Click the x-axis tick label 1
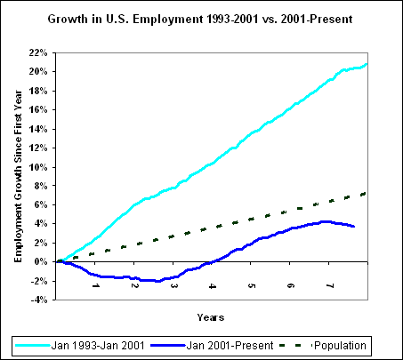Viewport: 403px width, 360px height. [x=95, y=286]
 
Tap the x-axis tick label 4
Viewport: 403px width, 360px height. [x=213, y=286]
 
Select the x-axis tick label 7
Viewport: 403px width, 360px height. [x=330, y=286]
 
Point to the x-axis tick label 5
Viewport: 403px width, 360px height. [x=252, y=286]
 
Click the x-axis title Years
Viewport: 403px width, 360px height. [x=211, y=316]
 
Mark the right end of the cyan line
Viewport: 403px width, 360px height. [x=367, y=64]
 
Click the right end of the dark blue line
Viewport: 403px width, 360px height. [x=355, y=227]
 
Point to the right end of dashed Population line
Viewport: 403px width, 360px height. [x=367, y=193]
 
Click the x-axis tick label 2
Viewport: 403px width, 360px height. [x=134, y=286]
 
